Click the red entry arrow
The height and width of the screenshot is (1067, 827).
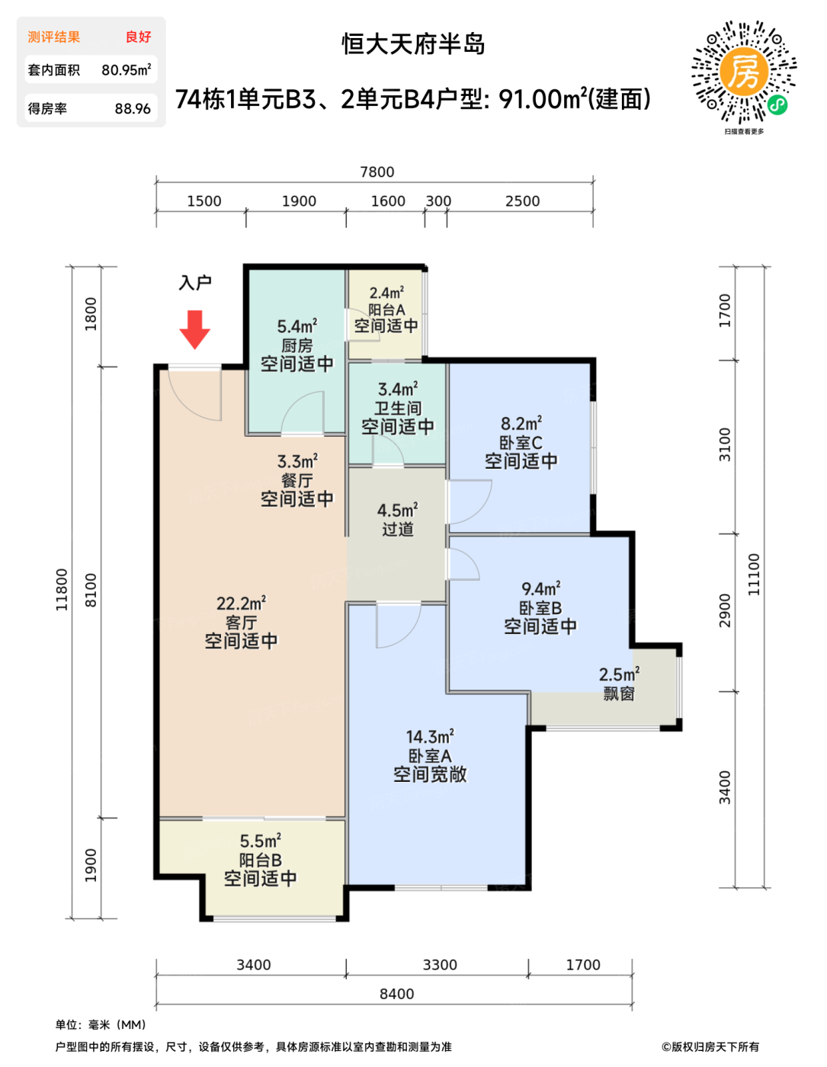pyautogui.click(x=194, y=329)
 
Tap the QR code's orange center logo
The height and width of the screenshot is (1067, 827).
pyautogui.click(x=743, y=72)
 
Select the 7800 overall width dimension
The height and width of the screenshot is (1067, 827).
pyautogui.click(x=377, y=171)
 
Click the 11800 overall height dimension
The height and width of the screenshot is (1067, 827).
pyautogui.click(x=62, y=590)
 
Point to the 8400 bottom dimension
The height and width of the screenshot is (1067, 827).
pyautogui.click(x=396, y=994)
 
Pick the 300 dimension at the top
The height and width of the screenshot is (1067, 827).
pyautogui.click(x=438, y=201)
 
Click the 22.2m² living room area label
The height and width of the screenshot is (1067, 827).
pyautogui.click(x=241, y=603)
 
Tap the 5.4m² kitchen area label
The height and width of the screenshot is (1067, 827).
pyautogui.click(x=297, y=326)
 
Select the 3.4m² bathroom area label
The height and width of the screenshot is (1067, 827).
pyautogui.click(x=398, y=389)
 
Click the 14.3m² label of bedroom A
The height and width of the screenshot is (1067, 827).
pyautogui.click(x=430, y=736)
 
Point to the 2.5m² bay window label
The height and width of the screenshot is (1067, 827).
pyautogui.click(x=619, y=674)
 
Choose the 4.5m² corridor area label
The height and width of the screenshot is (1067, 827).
pyautogui.click(x=397, y=510)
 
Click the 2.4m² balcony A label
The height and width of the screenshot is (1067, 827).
pyautogui.click(x=386, y=293)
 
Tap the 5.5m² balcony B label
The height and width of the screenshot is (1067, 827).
pyautogui.click(x=260, y=841)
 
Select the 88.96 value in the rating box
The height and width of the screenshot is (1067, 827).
pyautogui.click(x=133, y=108)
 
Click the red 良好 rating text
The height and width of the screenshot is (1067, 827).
pyautogui.click(x=139, y=37)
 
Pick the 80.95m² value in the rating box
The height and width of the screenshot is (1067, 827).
pyautogui.click(x=127, y=69)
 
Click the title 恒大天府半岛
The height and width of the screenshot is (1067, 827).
pyautogui.click(x=413, y=44)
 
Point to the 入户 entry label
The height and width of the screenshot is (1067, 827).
pyautogui.click(x=195, y=283)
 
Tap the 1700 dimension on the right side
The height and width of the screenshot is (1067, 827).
pyautogui.click(x=725, y=310)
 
